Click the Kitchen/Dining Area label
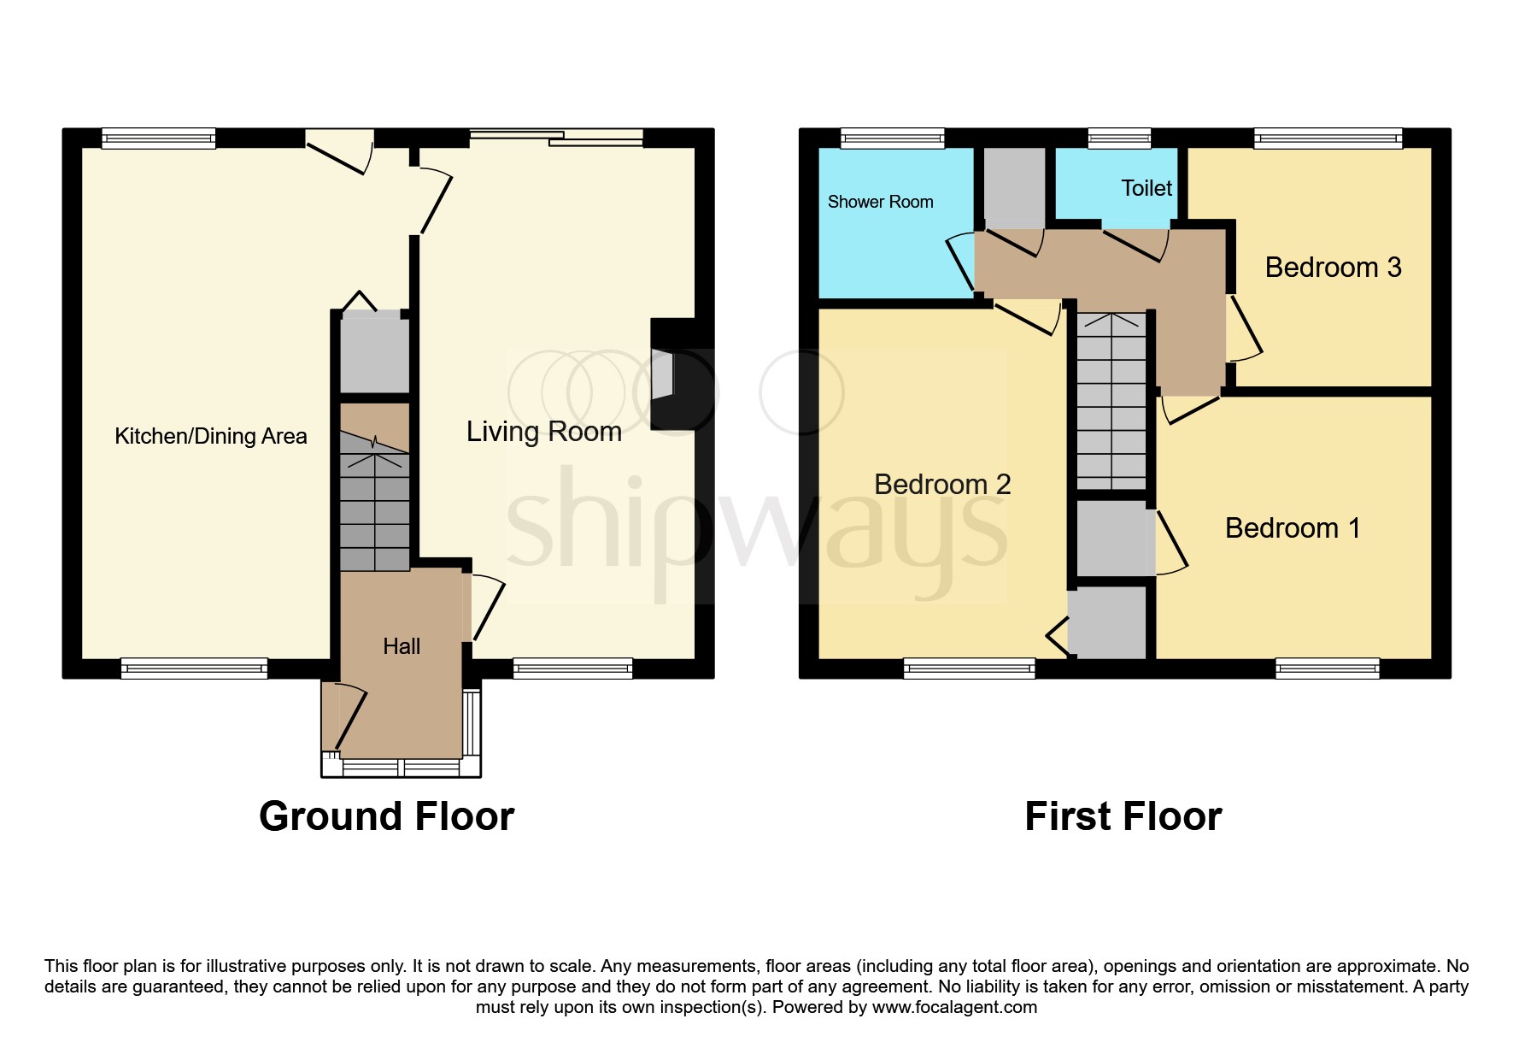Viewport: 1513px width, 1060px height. (210, 436)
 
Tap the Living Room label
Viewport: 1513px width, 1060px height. (543, 432)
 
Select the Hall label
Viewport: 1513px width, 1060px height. (402, 646)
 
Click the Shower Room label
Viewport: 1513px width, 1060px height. (880, 202)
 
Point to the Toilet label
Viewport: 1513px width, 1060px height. (1146, 188)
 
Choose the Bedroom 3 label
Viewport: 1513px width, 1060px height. (1333, 268)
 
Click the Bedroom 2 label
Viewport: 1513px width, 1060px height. (942, 485)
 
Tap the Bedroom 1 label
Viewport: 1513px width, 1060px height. (1292, 528)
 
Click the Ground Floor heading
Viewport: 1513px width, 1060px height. (386, 816)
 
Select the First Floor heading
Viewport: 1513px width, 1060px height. (1123, 816)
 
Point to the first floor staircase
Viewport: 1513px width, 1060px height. (1111, 402)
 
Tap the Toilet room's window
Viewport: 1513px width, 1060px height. (1119, 138)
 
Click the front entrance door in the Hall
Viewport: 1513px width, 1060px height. (350, 718)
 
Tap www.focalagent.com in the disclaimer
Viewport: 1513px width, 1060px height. (954, 1007)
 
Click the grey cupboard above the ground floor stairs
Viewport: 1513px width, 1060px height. (374, 355)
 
